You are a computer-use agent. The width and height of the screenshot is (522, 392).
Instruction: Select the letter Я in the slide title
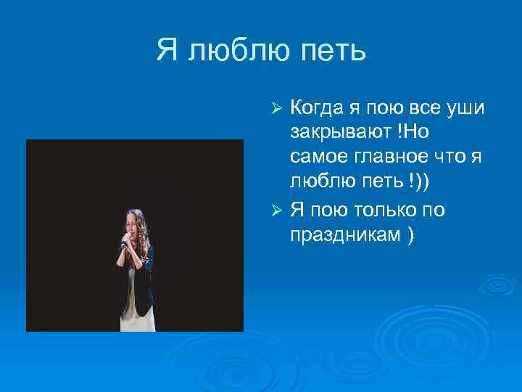[167, 51]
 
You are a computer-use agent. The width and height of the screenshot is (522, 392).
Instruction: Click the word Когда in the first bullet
[317, 108]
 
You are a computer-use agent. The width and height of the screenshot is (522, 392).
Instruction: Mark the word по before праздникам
[434, 210]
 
